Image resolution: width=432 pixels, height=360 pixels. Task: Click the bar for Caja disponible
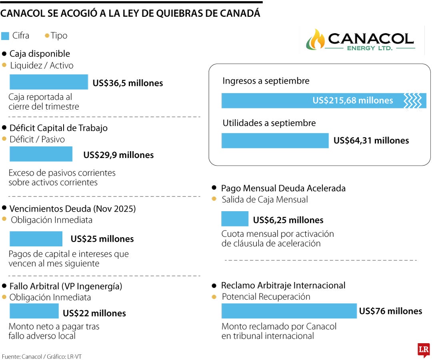[48, 82]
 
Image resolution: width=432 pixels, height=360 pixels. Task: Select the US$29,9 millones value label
[118, 155]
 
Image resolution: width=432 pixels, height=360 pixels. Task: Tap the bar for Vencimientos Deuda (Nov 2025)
[36, 239]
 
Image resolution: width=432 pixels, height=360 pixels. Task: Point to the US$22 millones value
[94, 313]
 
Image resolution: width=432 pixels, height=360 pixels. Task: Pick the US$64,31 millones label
[371, 141]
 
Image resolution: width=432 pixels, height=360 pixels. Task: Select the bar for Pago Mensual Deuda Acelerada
[235, 219]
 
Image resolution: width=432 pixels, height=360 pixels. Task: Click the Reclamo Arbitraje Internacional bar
[289, 311]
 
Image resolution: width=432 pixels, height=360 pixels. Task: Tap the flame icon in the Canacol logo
[316, 39]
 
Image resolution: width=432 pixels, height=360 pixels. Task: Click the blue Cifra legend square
[5, 36]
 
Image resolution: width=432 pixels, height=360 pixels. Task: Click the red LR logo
[423, 350]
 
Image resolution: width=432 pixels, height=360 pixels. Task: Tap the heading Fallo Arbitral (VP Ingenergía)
[66, 286]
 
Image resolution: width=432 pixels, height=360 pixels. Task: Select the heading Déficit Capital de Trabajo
[58, 128]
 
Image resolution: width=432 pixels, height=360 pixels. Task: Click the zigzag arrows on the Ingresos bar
[412, 100]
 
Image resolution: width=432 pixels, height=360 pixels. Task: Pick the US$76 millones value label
[390, 311]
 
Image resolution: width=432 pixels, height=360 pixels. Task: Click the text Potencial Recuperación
[266, 297]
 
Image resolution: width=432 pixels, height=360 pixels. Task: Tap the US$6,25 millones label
[288, 220]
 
